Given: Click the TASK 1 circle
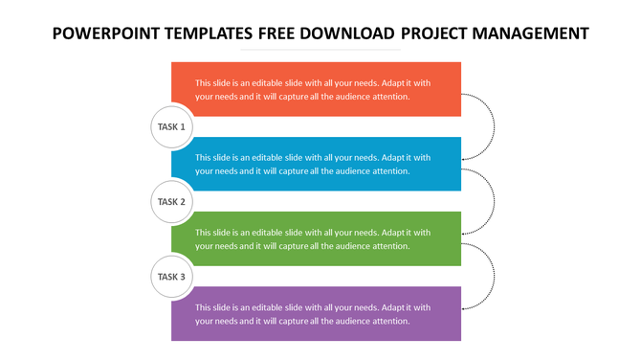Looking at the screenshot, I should click(171, 126).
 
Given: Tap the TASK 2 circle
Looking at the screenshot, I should click(171, 202).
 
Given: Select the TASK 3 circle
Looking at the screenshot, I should click(171, 277).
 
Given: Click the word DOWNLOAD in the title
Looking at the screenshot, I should click(349, 34).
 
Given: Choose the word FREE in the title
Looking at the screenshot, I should click(279, 34).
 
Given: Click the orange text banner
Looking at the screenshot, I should click(316, 89).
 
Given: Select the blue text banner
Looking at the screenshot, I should click(316, 164).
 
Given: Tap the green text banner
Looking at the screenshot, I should click(316, 238).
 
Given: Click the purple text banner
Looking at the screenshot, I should click(316, 313).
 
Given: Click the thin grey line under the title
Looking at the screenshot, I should click(320, 50).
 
